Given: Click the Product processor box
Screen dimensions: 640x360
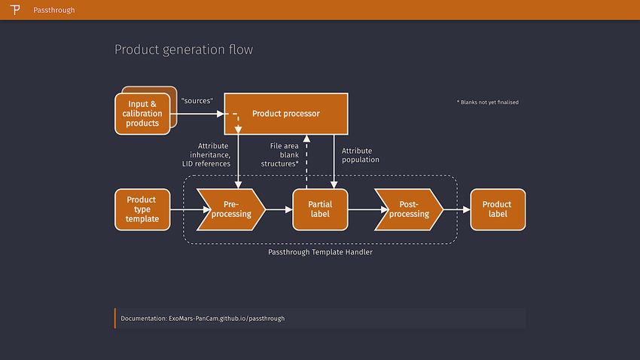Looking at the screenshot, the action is (x=286, y=114).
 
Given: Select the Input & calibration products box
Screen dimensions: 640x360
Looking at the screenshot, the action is (x=142, y=114).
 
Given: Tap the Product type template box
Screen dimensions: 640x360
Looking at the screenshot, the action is (x=142, y=209).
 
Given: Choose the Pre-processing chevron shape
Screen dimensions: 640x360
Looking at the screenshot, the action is (x=231, y=209).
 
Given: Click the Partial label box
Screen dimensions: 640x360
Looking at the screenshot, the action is (x=321, y=209).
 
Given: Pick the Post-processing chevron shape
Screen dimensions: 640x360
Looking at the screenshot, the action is (x=409, y=209).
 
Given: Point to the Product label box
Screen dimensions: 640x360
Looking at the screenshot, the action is (x=498, y=209).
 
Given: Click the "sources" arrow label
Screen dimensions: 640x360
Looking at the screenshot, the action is (x=197, y=101).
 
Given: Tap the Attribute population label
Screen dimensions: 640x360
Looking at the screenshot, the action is (x=361, y=155).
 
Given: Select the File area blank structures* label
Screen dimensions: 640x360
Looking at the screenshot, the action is (x=280, y=154).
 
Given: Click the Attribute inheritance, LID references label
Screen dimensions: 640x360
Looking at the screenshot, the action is (x=206, y=154).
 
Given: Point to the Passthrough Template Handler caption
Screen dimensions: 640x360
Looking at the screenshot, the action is (x=321, y=252).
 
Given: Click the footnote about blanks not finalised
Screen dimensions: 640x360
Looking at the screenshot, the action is (x=488, y=102).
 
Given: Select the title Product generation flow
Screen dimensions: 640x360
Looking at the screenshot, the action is (x=184, y=50).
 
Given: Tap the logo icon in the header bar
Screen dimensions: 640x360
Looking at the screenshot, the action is (x=15, y=10).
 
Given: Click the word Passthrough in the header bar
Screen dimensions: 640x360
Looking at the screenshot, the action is (x=54, y=11).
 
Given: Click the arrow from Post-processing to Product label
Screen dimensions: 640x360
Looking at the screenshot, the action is (x=457, y=209).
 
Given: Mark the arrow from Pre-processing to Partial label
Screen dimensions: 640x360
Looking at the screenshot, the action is (x=279, y=209).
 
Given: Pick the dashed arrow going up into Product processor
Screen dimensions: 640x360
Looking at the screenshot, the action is (x=306, y=162).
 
